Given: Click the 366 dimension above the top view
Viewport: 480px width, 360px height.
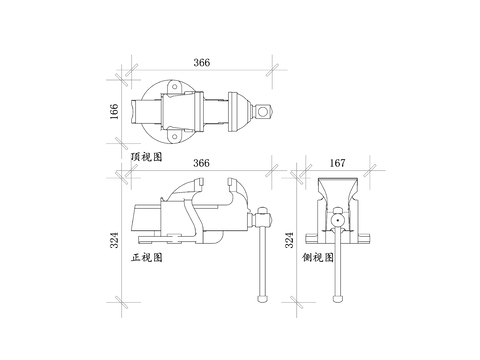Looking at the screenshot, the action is [x=202, y=62].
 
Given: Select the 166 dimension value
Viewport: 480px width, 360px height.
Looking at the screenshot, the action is [x=114, y=112].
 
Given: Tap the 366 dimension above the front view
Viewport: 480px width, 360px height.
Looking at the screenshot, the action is [x=202, y=163].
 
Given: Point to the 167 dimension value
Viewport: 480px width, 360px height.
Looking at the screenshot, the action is [x=338, y=163].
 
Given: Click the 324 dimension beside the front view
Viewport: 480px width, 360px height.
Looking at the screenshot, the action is [x=114, y=240].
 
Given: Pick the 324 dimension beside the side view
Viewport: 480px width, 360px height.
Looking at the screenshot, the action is [x=289, y=240].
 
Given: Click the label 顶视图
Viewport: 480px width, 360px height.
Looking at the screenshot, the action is [x=147, y=157].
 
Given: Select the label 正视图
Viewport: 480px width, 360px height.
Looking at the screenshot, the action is [x=147, y=257].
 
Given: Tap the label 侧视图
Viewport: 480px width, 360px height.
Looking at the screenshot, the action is [x=318, y=257].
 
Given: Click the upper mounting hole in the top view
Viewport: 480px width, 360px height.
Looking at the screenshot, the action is [x=174, y=87].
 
